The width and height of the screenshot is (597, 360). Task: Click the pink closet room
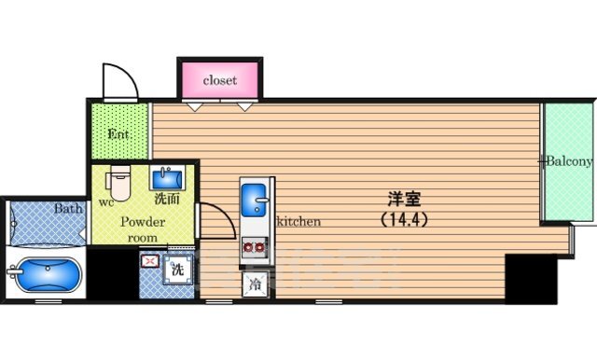click(220, 80)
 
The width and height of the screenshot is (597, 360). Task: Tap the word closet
click(220, 81)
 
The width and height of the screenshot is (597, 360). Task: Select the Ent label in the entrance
click(118, 134)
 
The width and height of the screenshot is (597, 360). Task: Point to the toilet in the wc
click(118, 183)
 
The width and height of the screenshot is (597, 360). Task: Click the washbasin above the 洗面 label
click(167, 178)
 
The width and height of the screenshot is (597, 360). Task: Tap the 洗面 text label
click(167, 199)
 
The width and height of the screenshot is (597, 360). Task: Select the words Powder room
click(143, 229)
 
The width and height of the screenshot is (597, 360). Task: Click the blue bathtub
click(45, 275)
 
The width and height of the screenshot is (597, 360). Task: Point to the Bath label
click(68, 208)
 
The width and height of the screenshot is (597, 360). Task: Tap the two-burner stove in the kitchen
click(255, 248)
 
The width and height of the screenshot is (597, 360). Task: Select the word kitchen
click(298, 221)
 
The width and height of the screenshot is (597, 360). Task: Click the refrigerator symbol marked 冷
click(255, 284)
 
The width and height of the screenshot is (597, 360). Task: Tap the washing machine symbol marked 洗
click(177, 270)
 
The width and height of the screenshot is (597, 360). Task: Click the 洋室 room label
click(404, 199)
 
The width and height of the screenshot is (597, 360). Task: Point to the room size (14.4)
click(404, 219)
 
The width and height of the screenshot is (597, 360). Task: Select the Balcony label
click(570, 161)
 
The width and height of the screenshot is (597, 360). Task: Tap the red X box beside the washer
click(150, 261)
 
